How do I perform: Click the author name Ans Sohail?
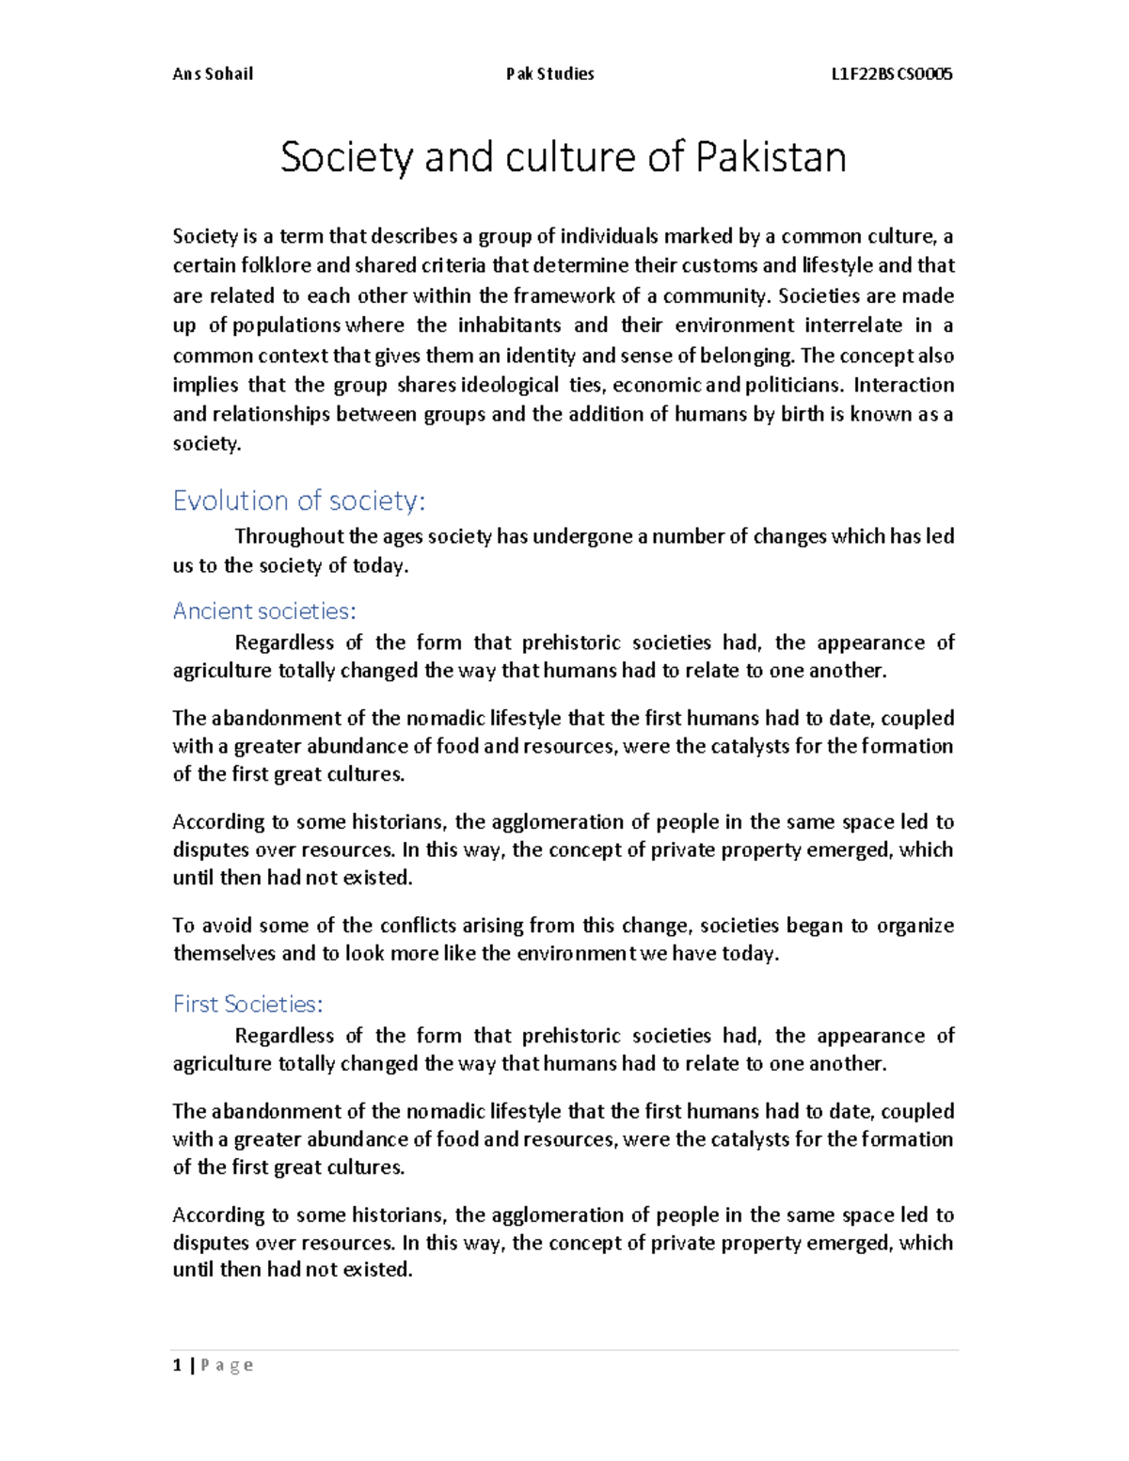tap(213, 74)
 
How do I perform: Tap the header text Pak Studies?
tap(549, 74)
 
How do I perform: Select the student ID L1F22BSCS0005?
tap(892, 74)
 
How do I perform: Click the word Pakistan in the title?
tap(771, 157)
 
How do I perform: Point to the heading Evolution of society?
tap(299, 500)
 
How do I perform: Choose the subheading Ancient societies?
tap(264, 611)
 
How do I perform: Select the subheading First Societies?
tap(247, 1005)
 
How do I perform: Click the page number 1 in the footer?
tap(177, 1365)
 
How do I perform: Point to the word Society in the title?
tap(346, 157)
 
